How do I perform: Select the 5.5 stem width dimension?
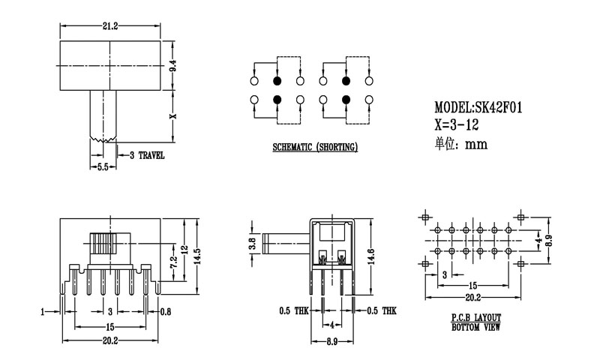[x=103, y=168]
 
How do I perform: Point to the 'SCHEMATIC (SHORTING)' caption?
[x=314, y=148]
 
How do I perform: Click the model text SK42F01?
[x=478, y=107]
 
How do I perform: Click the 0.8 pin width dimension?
[x=165, y=310]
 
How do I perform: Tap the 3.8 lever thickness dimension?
[x=253, y=242]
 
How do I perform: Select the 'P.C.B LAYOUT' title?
[x=476, y=318]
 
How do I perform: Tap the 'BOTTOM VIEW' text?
[x=476, y=328]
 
